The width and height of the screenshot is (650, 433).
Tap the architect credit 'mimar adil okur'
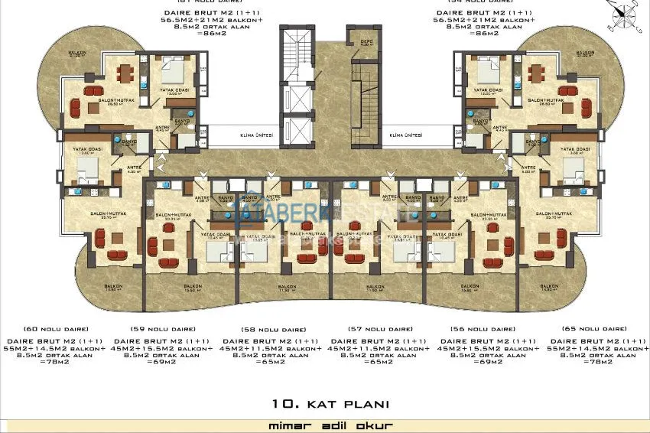tap(324, 424)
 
